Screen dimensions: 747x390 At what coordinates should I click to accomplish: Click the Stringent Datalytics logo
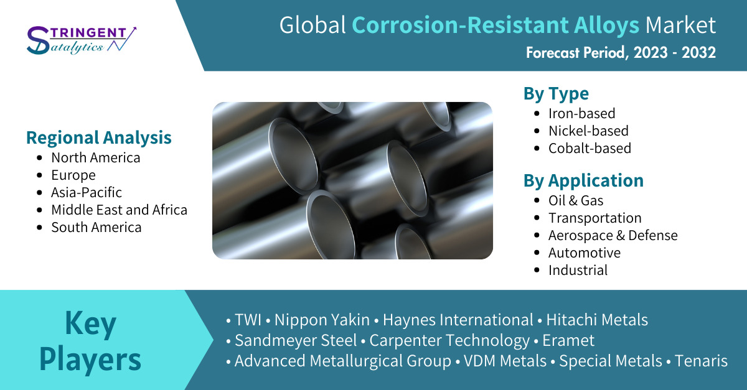pyautogui.click(x=82, y=40)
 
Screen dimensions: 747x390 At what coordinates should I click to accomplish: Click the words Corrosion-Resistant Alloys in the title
pyautogui.click(x=496, y=26)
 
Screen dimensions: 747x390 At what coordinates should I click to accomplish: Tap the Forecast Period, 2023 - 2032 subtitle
pyautogui.click(x=621, y=53)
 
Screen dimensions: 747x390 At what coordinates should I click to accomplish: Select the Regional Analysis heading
pyautogui.click(x=99, y=137)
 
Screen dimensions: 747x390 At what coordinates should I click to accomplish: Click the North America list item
pyautogui.click(x=96, y=157)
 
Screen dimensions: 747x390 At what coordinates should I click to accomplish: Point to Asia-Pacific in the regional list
pyautogui.click(x=87, y=192)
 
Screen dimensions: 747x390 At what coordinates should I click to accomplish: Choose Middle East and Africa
pyautogui.click(x=119, y=210)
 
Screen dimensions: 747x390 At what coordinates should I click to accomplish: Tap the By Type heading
pyautogui.click(x=557, y=94)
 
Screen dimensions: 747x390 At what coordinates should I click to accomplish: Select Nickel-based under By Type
pyautogui.click(x=589, y=131)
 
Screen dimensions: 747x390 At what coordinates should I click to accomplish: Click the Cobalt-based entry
pyautogui.click(x=590, y=148)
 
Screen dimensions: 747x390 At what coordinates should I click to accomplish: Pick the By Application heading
pyautogui.click(x=584, y=181)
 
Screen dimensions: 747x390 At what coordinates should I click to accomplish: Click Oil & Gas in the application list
pyautogui.click(x=576, y=201)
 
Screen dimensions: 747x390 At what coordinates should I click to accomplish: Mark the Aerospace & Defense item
pyautogui.click(x=613, y=235)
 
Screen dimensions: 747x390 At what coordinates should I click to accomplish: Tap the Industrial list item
pyautogui.click(x=578, y=271)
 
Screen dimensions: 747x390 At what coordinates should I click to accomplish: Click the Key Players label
pyautogui.click(x=90, y=341)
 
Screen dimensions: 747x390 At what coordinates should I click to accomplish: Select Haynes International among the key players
pyautogui.click(x=458, y=320)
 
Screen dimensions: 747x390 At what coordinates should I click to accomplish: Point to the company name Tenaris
pyautogui.click(x=701, y=361)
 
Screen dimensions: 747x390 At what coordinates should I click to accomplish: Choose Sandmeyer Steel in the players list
pyautogui.click(x=296, y=340)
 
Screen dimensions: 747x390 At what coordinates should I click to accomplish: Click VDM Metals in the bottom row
pyautogui.click(x=505, y=361)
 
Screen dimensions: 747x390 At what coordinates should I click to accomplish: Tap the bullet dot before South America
pyautogui.click(x=40, y=228)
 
